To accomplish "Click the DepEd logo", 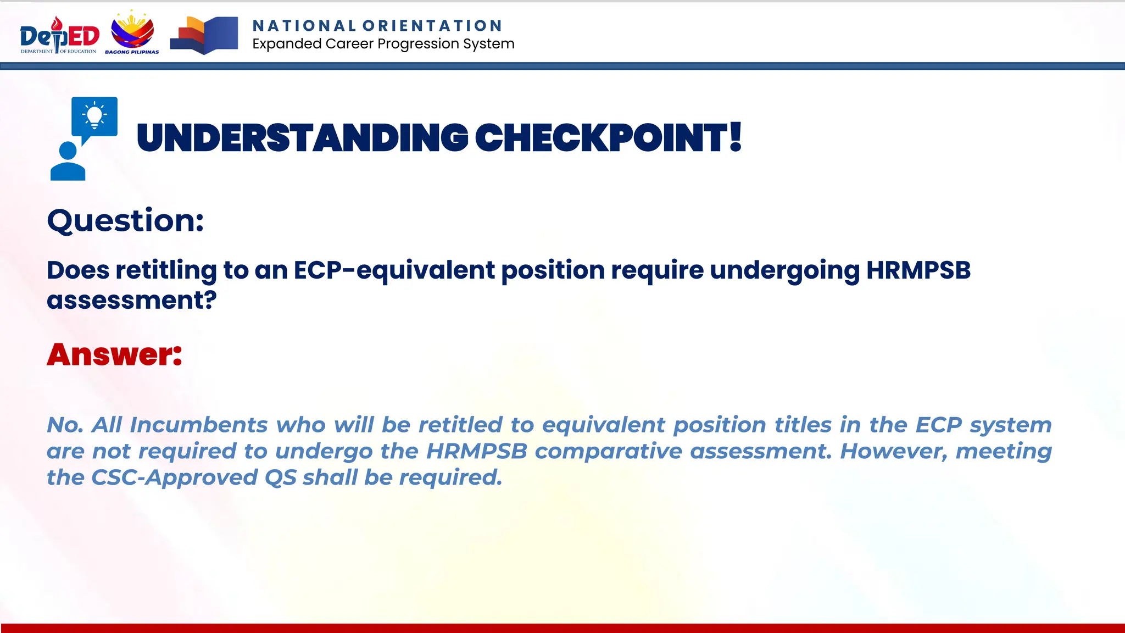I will pos(59,35).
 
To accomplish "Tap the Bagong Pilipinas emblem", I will pos(132,33).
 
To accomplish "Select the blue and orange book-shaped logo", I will pos(204,35).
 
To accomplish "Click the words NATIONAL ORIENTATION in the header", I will pos(377,26).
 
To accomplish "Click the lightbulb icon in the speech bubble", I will pos(94,116).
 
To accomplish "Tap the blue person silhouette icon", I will pos(68,162).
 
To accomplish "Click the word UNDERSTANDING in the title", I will pos(302,138).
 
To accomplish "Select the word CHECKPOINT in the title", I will pos(601,138).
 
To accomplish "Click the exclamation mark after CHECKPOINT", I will pos(736,137).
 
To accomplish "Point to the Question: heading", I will pos(125,221).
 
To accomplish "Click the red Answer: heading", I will pos(114,354).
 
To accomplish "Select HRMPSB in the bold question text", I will pos(918,270).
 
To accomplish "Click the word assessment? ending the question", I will pos(131,301).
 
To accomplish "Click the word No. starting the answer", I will pos(65,425).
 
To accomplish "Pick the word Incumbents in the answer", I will pos(198,425).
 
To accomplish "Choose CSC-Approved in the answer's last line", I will pos(174,477).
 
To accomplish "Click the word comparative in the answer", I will pos(609,451).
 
